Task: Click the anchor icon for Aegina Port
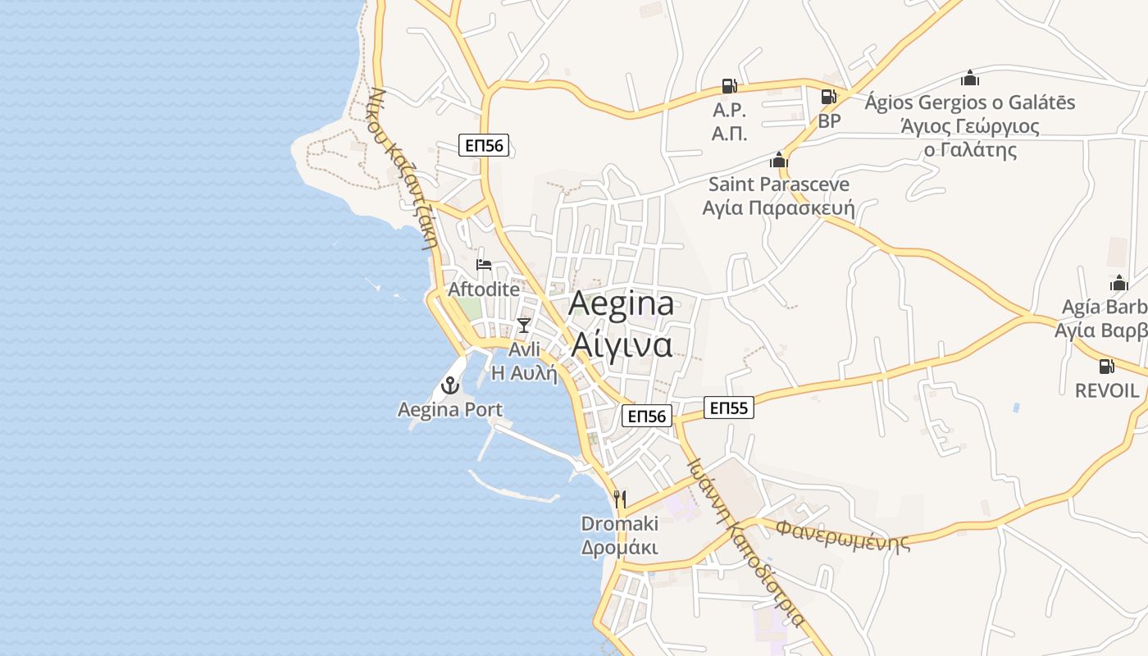point(449,384)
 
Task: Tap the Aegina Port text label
point(450,409)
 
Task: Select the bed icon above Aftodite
point(484,265)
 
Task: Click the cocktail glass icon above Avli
point(524,326)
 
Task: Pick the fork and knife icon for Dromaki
point(620,499)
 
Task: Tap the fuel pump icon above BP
point(829,97)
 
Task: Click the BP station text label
point(829,121)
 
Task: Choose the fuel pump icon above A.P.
point(728,85)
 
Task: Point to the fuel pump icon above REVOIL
point(1106,366)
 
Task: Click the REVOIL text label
point(1107,390)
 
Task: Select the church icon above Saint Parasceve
point(778,160)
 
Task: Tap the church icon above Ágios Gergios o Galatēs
point(970,79)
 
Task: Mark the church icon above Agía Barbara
point(1118,284)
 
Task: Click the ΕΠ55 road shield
point(728,408)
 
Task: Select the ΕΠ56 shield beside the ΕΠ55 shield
point(647,416)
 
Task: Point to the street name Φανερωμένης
point(843,534)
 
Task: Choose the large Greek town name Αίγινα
point(622,344)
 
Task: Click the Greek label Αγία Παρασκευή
point(778,207)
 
